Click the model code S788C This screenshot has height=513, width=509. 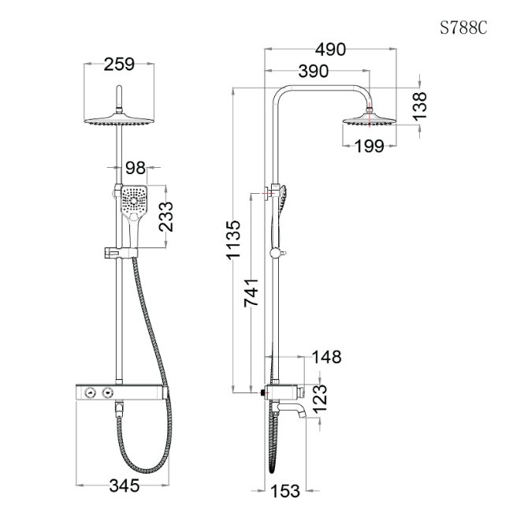pyautogui.click(x=463, y=28)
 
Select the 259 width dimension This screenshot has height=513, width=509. pyautogui.click(x=119, y=64)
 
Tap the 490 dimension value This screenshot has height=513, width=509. pyautogui.click(x=330, y=50)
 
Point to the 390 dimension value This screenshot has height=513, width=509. pyautogui.click(x=314, y=71)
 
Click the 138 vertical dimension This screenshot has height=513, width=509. pyautogui.click(x=420, y=106)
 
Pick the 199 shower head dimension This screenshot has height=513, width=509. pyautogui.click(x=370, y=146)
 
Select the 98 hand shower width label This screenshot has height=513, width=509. pyautogui.click(x=136, y=168)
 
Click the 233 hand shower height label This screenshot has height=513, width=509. pyautogui.click(x=166, y=217)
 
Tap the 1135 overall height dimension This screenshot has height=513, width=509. pyautogui.click(x=233, y=240)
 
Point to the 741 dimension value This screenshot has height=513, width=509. pyautogui.click(x=251, y=293)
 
